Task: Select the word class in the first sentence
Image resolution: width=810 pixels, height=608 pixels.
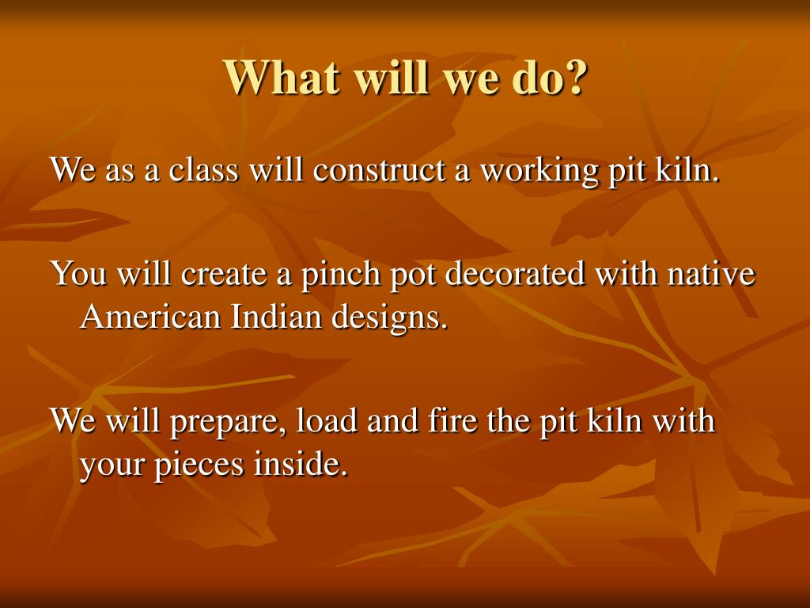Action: pos(203,169)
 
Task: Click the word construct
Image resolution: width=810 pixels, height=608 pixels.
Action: pos(379,170)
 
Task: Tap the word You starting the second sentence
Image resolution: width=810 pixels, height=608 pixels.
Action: pos(78,272)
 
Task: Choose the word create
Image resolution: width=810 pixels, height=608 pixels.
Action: pos(224,273)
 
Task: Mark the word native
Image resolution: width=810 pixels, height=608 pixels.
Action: pos(711,273)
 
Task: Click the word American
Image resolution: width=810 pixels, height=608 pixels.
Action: pos(150,316)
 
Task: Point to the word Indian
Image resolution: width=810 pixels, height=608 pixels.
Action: pos(276,316)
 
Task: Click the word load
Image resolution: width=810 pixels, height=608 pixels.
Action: pos(327,420)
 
